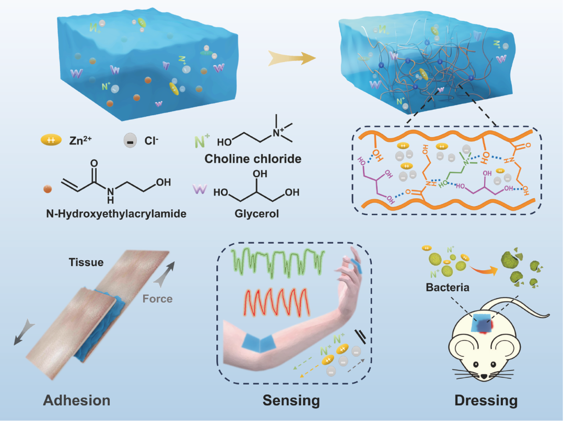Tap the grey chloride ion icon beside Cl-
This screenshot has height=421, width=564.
131,141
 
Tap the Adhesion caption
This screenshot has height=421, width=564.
77,401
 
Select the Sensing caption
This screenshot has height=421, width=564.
291,401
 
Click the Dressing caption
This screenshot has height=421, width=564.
486,401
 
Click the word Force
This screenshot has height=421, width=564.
158,299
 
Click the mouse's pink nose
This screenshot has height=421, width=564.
485,376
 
